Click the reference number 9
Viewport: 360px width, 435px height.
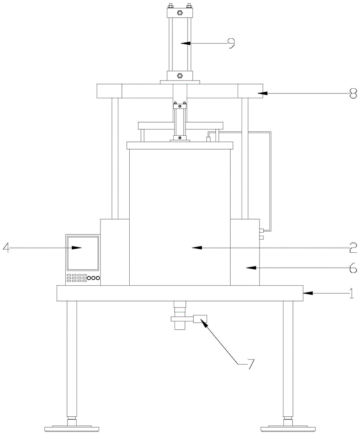pos(231,43)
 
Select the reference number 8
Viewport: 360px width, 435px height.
pos(353,93)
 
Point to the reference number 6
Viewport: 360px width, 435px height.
pos(353,268)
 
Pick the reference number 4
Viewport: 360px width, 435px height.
pos(6,248)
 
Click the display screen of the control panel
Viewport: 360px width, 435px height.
pos(82,253)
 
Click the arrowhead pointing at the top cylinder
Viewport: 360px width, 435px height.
pos(185,43)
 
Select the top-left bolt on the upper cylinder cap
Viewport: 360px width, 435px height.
pos(170,6)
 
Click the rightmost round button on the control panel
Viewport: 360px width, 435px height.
pos(98,278)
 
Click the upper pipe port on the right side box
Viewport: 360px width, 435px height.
pos(262,230)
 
